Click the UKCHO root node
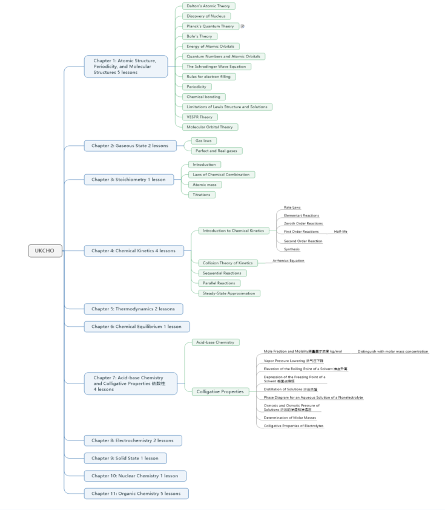45,250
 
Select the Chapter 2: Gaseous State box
130,145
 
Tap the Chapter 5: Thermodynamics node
133,309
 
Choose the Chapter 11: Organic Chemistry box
136,493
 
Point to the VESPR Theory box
199,117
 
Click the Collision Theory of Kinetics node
227,263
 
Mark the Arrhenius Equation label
288,261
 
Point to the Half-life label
341,232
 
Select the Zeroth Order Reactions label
303,224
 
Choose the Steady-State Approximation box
229,293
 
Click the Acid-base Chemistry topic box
215,342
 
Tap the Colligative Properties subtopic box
220,391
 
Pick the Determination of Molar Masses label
290,417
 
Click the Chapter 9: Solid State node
125,458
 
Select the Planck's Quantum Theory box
210,26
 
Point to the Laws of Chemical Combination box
220,174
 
